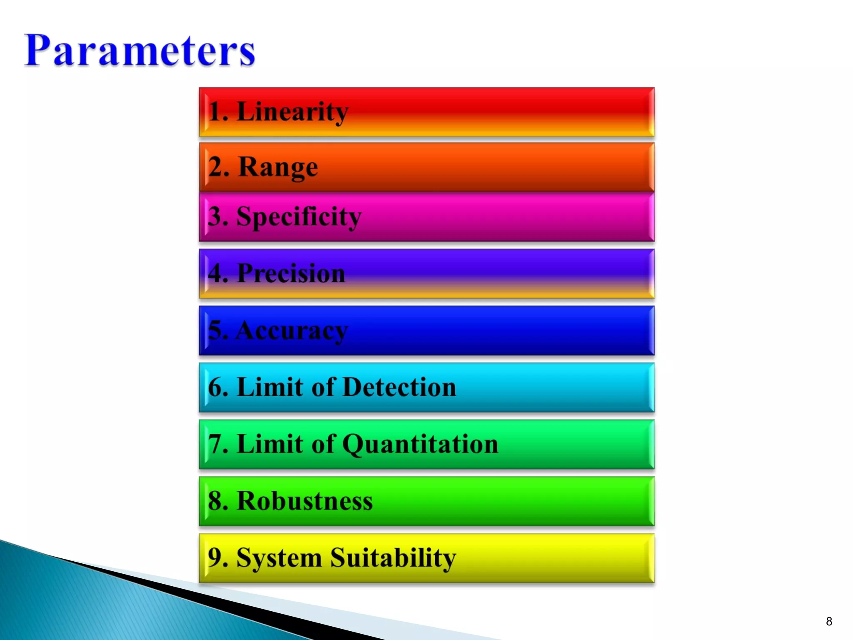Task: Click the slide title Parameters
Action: pyautogui.click(x=140, y=51)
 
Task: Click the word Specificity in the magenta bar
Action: pyautogui.click(x=299, y=217)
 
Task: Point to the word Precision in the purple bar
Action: pyautogui.click(x=291, y=273)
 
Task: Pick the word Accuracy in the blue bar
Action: pyautogui.click(x=292, y=331)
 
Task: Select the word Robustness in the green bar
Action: pyautogui.click(x=304, y=501)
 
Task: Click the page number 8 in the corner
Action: pyautogui.click(x=829, y=622)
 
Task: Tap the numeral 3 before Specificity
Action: pyautogui.click(x=215, y=217)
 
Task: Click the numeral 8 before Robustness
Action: pyautogui.click(x=215, y=501)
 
